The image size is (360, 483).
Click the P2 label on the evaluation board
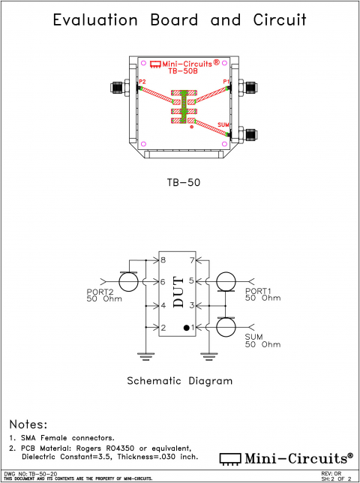pyautogui.click(x=142, y=81)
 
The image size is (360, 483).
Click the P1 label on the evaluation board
pyautogui.click(x=226, y=81)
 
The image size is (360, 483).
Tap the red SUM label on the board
pyautogui.click(x=223, y=124)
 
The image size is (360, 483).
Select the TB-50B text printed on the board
pyautogui.click(x=183, y=72)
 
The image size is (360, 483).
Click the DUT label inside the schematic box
pyautogui.click(x=178, y=294)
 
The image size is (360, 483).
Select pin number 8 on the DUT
pyautogui.click(x=163, y=260)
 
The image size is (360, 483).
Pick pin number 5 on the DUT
pyautogui.click(x=192, y=281)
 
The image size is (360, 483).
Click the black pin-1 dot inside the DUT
pyautogui.click(x=186, y=328)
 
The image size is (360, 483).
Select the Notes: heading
pyautogui.click(x=28, y=424)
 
